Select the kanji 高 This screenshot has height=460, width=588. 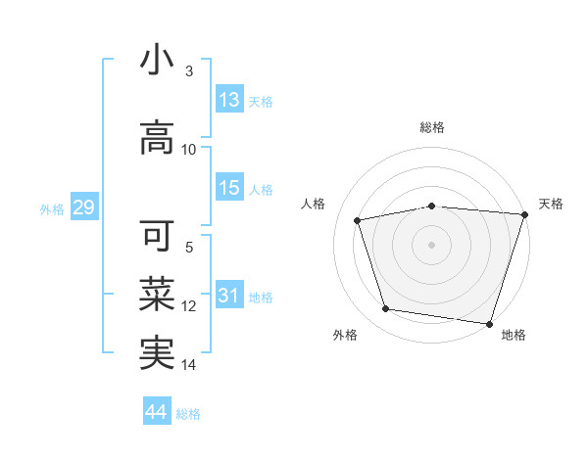tap(157, 139)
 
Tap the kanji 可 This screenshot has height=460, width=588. tap(157, 236)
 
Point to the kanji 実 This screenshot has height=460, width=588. tap(157, 352)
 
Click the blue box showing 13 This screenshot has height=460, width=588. tap(229, 100)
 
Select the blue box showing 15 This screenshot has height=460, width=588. tap(229, 188)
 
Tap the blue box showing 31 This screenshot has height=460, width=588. tap(229, 296)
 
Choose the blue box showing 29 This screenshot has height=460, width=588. tap(83, 207)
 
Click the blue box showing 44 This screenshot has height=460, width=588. tap(157, 412)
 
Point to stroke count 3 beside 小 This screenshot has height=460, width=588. tap(189, 71)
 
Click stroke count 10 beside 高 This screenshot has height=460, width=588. tap(189, 150)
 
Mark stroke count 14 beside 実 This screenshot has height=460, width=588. tap(189, 365)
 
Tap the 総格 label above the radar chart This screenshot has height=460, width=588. tap(432, 127)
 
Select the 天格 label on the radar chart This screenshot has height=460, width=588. tap(551, 204)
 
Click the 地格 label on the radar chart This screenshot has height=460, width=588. tap(514, 335)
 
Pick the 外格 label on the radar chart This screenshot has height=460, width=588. tap(345, 335)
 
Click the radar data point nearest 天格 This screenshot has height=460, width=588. tap(524, 214)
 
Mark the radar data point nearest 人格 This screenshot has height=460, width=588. tap(358, 220)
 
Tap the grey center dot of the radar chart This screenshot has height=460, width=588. tap(431, 244)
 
